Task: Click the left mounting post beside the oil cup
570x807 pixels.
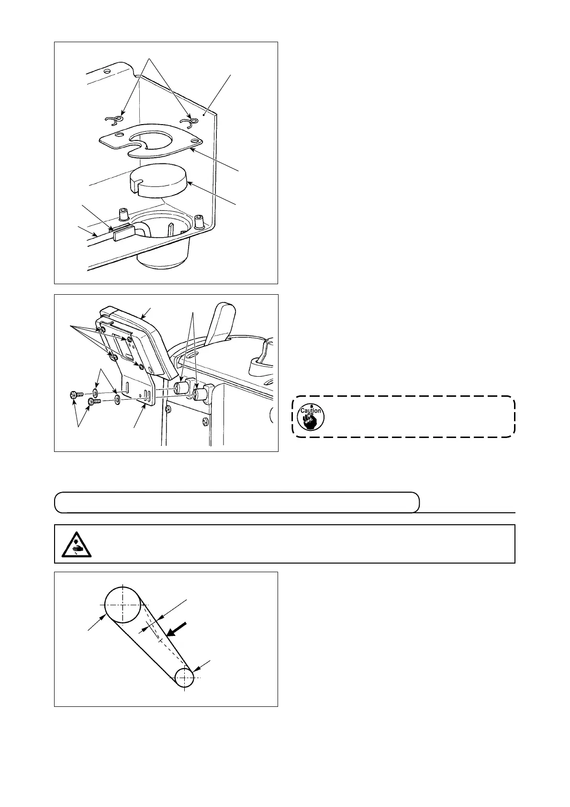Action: pyautogui.click(x=123, y=214)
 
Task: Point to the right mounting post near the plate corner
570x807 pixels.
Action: pyautogui.click(x=199, y=221)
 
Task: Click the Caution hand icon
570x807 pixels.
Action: pyautogui.click(x=310, y=416)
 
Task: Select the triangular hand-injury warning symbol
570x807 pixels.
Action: pyautogui.click(x=77, y=543)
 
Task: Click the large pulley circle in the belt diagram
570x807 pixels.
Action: pyautogui.click(x=123, y=605)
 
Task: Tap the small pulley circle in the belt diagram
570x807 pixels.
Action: pyautogui.click(x=184, y=678)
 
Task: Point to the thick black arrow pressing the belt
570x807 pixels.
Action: pyautogui.click(x=174, y=629)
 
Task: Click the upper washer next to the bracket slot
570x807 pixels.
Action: pyautogui.click(x=96, y=393)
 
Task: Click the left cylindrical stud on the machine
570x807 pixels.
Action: pyautogui.click(x=181, y=387)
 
